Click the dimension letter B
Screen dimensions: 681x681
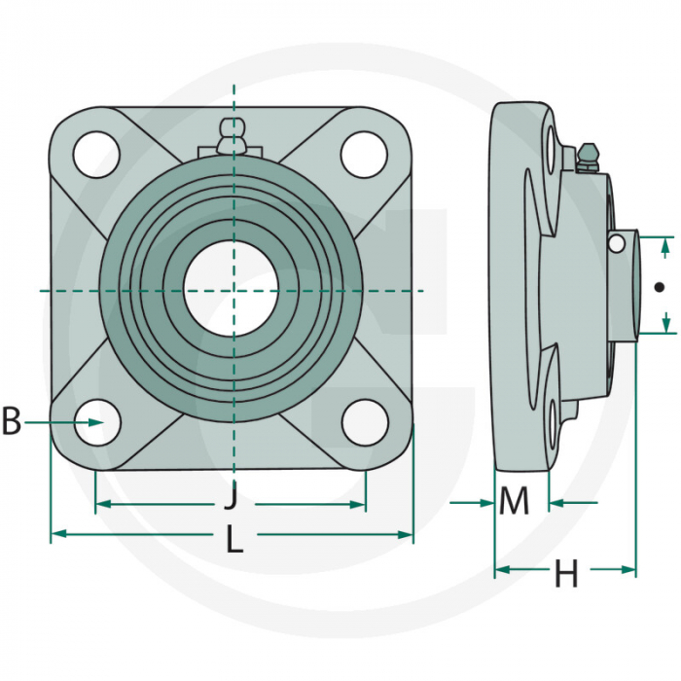tap(12, 421)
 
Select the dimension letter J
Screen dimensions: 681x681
tap(231, 498)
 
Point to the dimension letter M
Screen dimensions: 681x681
tap(514, 502)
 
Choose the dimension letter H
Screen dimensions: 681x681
tap(566, 574)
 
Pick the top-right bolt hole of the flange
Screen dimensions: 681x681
tap(364, 154)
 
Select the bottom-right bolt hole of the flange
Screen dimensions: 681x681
tap(364, 423)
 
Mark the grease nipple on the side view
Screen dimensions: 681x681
tap(587, 157)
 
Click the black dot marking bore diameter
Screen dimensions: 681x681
tap(660, 287)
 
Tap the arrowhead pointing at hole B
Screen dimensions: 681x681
tap(97, 421)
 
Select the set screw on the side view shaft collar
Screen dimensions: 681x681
tap(616, 243)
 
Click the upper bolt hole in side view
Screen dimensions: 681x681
tap(555, 152)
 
